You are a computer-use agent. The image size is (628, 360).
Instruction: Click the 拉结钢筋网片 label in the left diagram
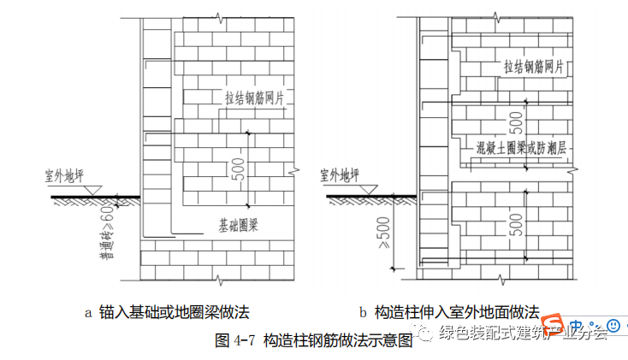click(x=253, y=97)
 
